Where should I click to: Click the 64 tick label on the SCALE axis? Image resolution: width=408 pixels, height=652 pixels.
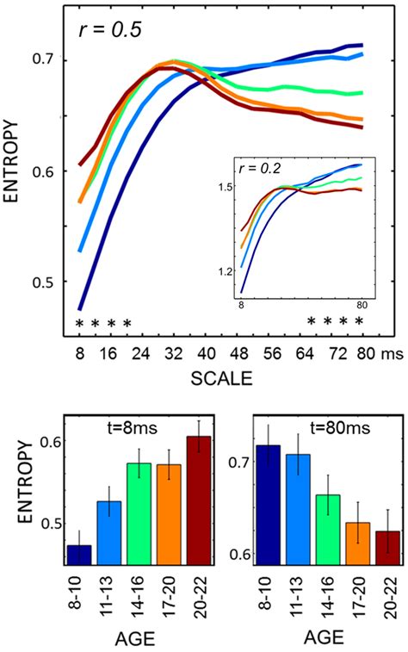pos(304,353)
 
